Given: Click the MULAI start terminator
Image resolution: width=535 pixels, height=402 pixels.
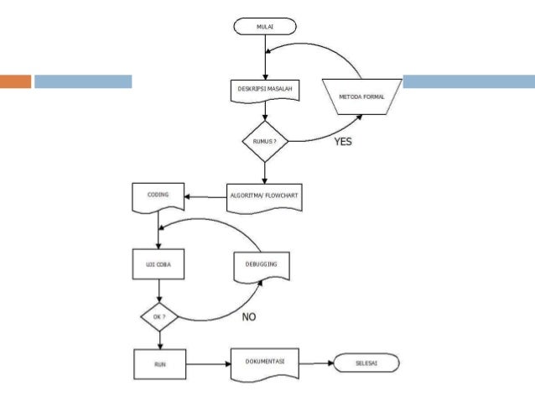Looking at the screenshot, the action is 265,27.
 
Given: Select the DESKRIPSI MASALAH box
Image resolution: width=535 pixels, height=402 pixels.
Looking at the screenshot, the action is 265,91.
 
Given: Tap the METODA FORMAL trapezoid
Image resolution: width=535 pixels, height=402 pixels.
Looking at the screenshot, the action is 361,97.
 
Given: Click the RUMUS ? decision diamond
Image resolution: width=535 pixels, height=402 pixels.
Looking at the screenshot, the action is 265,141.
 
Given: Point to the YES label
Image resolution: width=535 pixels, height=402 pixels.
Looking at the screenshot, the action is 343,141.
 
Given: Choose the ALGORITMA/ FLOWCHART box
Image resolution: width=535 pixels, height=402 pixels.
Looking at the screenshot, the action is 264,198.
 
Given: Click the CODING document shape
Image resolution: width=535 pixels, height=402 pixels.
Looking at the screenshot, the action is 158,198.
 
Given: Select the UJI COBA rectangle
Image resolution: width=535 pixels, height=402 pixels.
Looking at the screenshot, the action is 158,264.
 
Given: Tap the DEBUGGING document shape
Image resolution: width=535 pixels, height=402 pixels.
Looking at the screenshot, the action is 262,268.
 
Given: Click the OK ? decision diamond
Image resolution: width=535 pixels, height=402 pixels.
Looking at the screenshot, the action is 159,317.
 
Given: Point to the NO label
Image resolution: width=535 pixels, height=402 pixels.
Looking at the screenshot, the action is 249,317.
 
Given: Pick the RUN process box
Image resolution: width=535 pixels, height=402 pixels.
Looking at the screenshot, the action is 160,364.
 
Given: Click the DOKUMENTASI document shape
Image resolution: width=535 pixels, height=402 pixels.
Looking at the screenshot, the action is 265,364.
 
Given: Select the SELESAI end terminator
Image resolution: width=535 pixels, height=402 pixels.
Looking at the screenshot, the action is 366,363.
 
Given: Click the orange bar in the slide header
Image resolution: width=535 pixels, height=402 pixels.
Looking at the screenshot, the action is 15,81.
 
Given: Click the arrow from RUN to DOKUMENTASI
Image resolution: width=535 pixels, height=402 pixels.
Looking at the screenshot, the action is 209,364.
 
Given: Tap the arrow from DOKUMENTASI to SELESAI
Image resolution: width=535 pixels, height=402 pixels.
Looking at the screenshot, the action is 317,363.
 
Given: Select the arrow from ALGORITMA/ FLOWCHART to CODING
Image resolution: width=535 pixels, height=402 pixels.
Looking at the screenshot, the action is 205,197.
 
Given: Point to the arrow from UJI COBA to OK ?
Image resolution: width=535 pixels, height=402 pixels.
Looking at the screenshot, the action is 159,291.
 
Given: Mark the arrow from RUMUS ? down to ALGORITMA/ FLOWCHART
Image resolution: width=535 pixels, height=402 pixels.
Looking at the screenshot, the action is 265,173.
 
